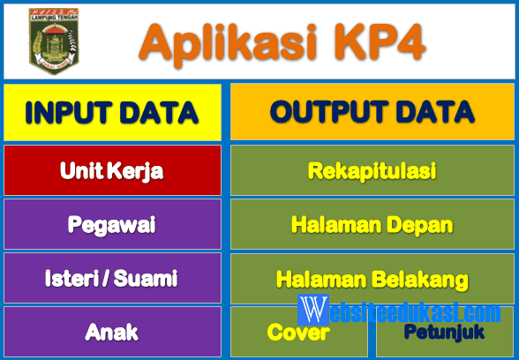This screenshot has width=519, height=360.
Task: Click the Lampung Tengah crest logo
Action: (53, 41)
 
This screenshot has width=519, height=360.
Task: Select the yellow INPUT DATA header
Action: (112, 112)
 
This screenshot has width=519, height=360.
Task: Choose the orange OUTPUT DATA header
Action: (372, 112)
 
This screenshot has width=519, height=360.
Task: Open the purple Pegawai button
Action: (112, 224)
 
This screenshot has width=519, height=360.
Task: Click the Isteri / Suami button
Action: (112, 278)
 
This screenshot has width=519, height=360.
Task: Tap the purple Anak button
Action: (112, 332)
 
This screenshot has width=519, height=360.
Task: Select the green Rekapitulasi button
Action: (372, 170)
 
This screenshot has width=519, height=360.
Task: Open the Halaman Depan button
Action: (372, 224)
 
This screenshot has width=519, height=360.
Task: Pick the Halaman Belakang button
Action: (372, 279)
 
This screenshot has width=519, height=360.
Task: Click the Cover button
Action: (299, 333)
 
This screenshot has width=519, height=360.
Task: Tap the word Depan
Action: (419, 224)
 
